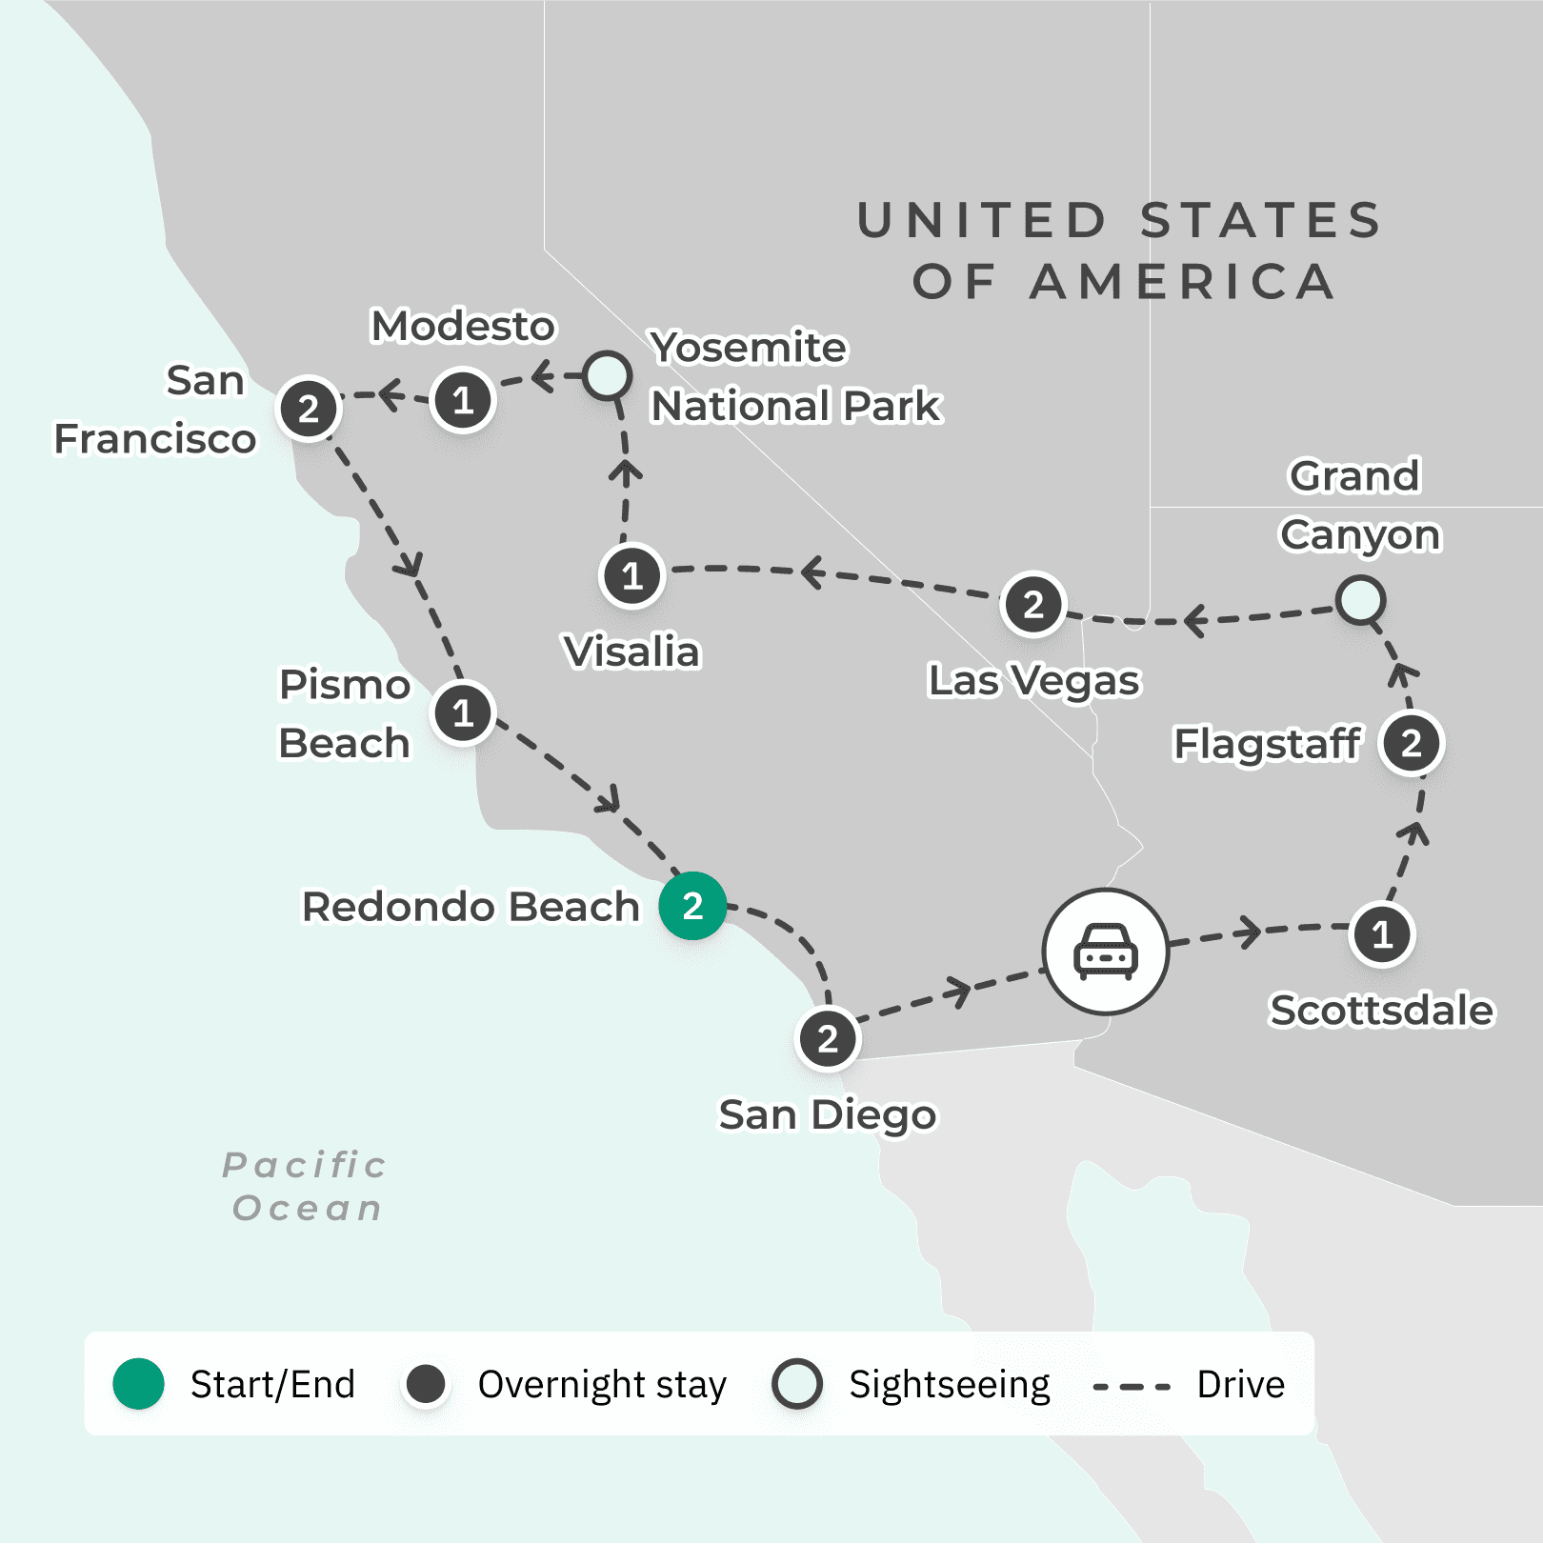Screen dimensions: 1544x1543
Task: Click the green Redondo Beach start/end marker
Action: [692, 906]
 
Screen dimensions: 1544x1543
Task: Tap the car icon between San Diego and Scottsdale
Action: [1105, 951]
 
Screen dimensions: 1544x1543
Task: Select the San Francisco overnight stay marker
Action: [308, 410]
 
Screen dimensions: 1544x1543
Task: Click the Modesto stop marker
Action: [463, 400]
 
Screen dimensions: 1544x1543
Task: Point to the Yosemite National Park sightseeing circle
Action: [607, 375]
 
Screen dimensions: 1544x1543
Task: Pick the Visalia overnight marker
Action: [631, 575]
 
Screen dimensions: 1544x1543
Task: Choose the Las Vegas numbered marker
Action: [1032, 604]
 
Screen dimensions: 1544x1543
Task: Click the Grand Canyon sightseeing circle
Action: [1360, 601]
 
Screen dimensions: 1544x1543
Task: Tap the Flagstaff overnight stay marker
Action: [1412, 743]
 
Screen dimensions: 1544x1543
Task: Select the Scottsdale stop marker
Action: [1382, 934]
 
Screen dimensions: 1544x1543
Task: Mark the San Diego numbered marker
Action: [828, 1038]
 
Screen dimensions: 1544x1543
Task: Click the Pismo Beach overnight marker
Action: [463, 712]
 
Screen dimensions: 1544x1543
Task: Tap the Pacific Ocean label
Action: [306, 1186]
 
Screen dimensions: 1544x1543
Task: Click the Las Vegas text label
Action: [1033, 681]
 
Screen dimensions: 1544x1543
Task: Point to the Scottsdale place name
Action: [1382, 1010]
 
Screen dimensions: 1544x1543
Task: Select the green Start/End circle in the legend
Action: [139, 1384]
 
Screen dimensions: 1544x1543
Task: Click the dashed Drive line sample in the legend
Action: [1132, 1386]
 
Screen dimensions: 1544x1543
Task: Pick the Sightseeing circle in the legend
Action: [797, 1384]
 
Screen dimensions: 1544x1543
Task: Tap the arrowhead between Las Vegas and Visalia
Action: [812, 572]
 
